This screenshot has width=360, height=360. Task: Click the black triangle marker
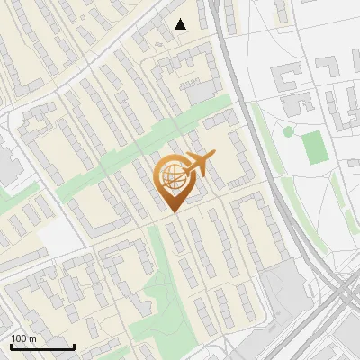pos(181,24)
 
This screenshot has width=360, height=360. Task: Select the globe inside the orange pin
pos(171,177)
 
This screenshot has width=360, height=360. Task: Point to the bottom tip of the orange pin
pos(171,213)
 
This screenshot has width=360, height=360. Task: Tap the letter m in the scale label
pos(33,338)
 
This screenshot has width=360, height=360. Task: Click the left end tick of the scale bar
pos(11,346)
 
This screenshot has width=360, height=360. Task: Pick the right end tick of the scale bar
pos(74,346)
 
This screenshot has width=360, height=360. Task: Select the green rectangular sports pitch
pos(314,148)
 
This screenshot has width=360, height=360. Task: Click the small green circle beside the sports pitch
pos(288,131)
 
